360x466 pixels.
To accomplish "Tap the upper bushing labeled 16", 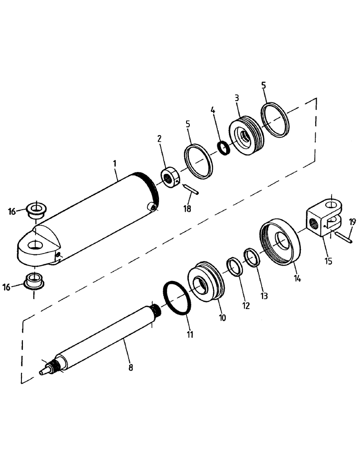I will pos(36,210).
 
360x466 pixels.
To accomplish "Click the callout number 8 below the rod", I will pos(130,367).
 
